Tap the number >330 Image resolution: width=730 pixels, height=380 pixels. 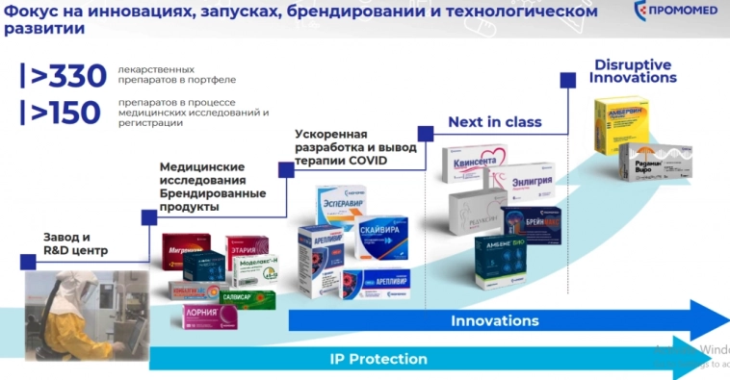(65, 75)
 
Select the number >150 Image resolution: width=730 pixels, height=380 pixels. (65, 113)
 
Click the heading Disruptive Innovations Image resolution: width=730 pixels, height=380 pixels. (633, 70)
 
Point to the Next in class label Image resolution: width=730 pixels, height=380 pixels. (495, 122)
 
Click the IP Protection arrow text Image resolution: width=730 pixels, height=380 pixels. (378, 359)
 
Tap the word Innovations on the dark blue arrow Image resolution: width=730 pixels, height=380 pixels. (495, 320)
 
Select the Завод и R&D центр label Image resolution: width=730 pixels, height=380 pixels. (76, 243)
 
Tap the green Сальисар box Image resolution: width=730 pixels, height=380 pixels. (248, 299)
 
